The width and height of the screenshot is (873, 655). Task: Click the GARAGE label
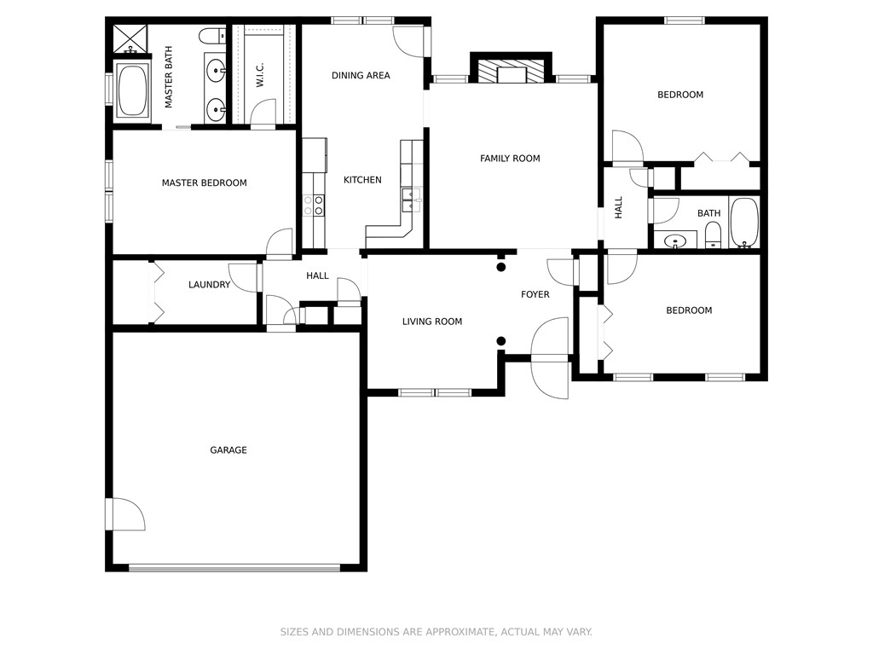coord(228,450)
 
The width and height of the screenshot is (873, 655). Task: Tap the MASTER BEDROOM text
coord(204,183)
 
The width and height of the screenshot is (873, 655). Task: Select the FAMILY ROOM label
coord(510,158)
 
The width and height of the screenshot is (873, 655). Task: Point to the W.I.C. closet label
coord(260,75)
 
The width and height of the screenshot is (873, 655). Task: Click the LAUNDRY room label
coord(209,285)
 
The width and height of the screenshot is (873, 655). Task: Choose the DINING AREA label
coord(361,75)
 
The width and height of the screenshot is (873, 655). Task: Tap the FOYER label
coord(535,294)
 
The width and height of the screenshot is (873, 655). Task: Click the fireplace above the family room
coord(512,71)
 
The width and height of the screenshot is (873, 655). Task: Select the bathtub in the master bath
coord(132,90)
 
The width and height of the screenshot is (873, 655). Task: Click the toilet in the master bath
coord(211,36)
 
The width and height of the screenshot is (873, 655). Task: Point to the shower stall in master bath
coord(130,38)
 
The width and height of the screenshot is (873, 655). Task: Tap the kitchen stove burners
coord(314,205)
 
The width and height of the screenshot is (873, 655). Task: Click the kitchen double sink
coord(411,200)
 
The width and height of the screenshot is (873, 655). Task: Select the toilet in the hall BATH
coord(714,235)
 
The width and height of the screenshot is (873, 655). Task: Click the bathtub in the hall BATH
coord(744,223)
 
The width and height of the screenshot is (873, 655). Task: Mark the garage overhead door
coord(234,568)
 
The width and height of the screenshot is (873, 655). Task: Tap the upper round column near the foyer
coord(501,267)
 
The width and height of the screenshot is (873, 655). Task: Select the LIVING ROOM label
coord(432,322)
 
